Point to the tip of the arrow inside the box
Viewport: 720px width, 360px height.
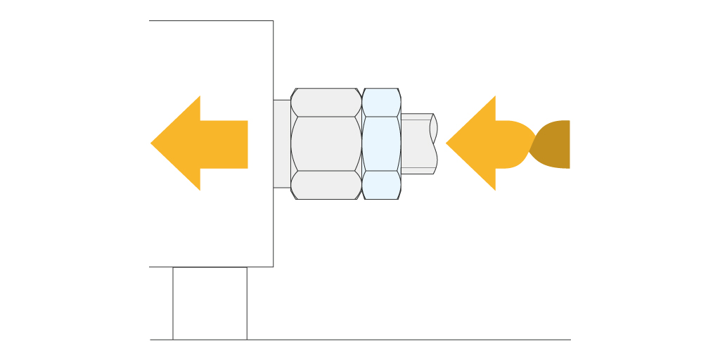point(152,143)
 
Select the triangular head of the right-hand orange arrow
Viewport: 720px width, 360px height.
point(475,143)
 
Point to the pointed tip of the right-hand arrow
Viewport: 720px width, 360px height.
point(447,143)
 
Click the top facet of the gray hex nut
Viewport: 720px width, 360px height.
point(326,102)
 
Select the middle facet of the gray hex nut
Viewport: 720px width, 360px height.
point(326,143)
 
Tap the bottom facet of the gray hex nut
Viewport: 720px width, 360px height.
point(326,185)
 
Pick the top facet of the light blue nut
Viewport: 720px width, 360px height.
point(381,102)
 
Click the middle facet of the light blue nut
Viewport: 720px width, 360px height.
point(381,143)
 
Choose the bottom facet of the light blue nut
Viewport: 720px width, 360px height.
point(381,185)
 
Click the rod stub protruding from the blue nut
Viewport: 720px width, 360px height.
point(417,143)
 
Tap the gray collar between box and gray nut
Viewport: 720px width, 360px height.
point(282,143)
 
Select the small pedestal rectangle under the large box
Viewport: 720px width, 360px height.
point(210,303)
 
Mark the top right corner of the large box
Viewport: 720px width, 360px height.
point(273,21)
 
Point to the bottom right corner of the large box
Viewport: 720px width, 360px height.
point(273,266)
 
